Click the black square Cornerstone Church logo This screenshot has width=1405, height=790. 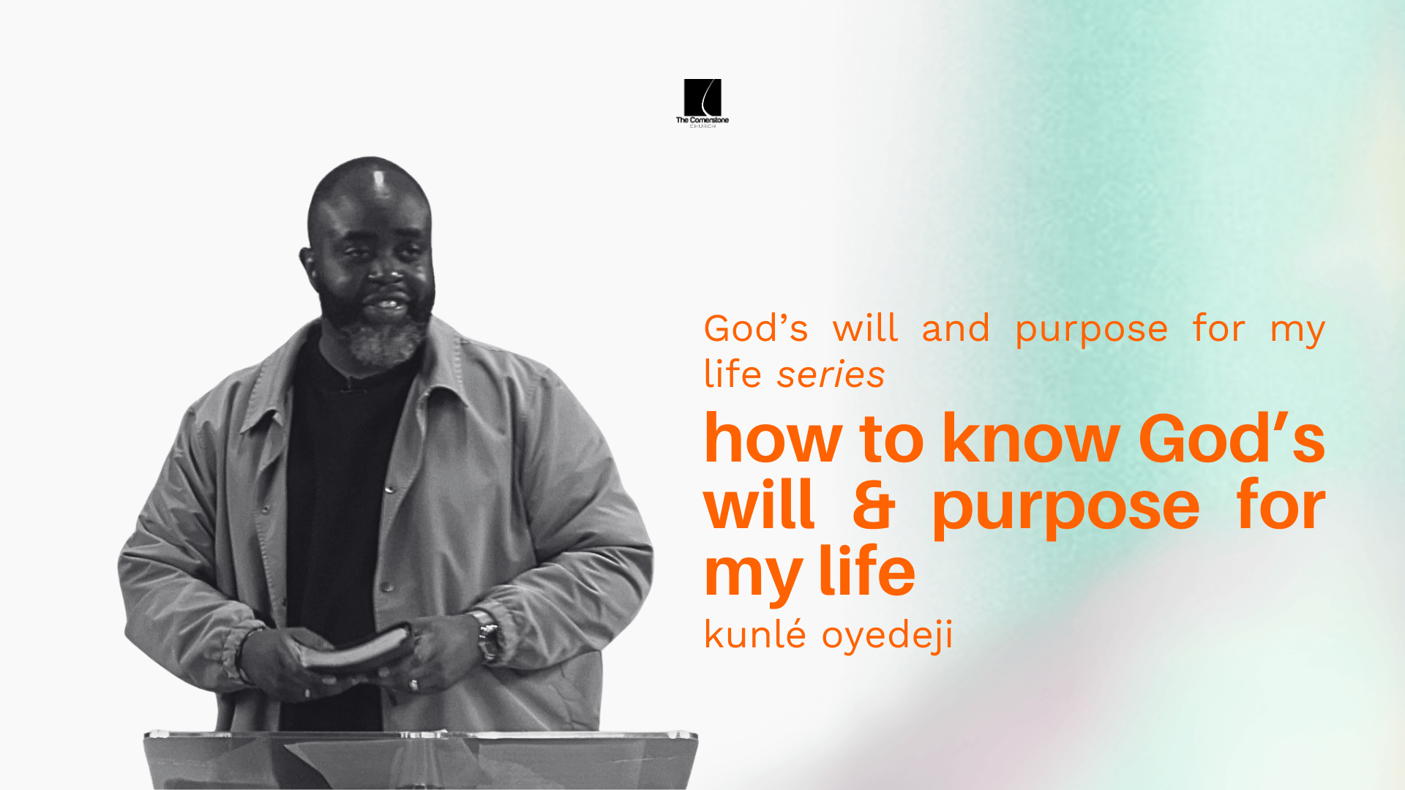(x=702, y=97)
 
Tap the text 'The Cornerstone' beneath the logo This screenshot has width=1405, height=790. (x=702, y=120)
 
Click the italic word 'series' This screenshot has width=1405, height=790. (x=831, y=375)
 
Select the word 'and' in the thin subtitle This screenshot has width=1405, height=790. (x=956, y=328)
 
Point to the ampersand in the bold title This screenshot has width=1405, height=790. (x=874, y=505)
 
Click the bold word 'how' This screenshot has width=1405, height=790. (x=773, y=440)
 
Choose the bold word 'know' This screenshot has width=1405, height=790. (x=1031, y=440)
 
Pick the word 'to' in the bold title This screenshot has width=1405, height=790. (x=891, y=440)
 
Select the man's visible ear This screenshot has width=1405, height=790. (x=309, y=263)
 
